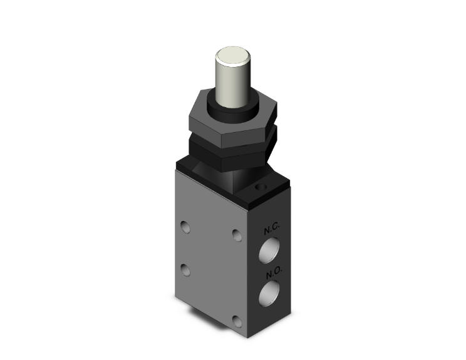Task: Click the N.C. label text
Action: pyautogui.click(x=271, y=230)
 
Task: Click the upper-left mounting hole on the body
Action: pyautogui.click(x=185, y=225)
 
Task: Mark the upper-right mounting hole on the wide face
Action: pyautogui.click(x=236, y=235)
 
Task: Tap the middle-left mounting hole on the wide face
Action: pyautogui.click(x=184, y=269)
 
